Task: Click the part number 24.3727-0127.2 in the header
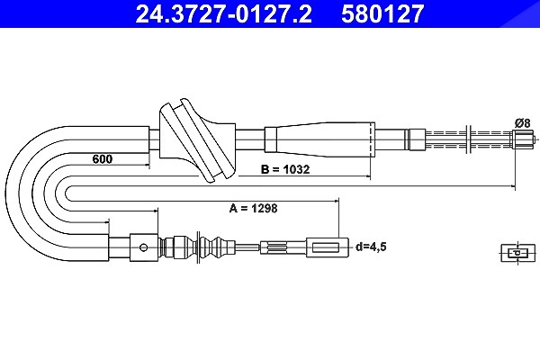223,13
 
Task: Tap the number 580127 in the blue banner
382,13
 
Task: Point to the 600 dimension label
103,158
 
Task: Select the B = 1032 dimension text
285,169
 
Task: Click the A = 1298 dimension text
253,208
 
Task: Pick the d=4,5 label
371,247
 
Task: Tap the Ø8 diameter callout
522,122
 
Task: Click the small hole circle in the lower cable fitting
144,247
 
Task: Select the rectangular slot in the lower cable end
326,247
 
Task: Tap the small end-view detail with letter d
518,253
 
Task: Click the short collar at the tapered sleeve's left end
270,139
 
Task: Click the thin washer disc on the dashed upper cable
468,139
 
